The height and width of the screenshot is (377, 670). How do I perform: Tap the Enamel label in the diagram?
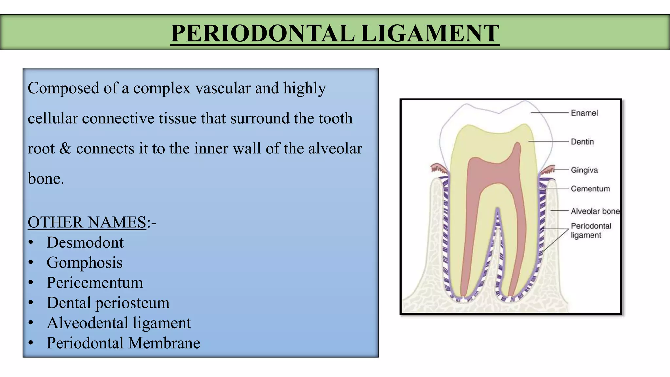(584, 113)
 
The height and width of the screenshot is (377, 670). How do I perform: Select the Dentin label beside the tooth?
(582, 142)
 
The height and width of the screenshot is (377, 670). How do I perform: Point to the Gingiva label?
(584, 170)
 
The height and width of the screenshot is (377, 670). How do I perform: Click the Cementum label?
(590, 189)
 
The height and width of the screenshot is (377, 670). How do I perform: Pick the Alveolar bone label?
(595, 211)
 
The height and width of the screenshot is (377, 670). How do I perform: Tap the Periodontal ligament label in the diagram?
(591, 230)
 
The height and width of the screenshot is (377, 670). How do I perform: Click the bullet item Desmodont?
(85, 242)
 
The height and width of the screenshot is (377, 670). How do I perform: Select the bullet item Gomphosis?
(84, 263)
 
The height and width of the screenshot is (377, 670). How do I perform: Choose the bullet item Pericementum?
(95, 283)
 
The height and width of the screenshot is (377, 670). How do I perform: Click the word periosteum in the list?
(132, 303)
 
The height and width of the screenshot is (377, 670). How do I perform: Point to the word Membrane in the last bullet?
(164, 343)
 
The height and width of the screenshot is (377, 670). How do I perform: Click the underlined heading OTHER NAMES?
(87, 223)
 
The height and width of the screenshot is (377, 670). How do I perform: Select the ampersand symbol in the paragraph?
(65, 149)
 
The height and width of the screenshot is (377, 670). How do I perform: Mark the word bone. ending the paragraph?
(46, 179)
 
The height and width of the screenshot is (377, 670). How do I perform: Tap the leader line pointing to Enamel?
(550, 113)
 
